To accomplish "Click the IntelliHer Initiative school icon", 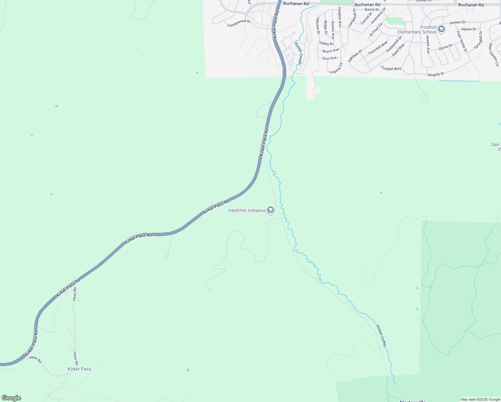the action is (x=271, y=210).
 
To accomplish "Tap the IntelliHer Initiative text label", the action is (x=247, y=211).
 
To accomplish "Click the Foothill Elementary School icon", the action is (x=441, y=29).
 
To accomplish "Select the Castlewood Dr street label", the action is (x=239, y=23).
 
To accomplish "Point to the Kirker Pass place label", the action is (x=79, y=369).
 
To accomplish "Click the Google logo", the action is (x=11, y=398).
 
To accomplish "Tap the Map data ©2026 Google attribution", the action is (x=480, y=399).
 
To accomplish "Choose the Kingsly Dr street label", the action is (x=436, y=74).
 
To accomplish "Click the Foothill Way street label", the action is (x=391, y=69).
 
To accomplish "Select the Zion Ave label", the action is (x=329, y=58).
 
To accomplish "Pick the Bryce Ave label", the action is (x=331, y=51).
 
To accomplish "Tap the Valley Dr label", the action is (x=327, y=44).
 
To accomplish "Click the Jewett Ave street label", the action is (x=428, y=44).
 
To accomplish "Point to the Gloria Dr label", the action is (x=445, y=48).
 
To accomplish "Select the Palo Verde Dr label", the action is (x=462, y=42).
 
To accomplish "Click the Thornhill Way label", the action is (x=378, y=48).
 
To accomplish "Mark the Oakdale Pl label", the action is (x=355, y=56).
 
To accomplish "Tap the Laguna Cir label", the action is (x=336, y=68).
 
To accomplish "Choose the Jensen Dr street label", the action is (x=457, y=22).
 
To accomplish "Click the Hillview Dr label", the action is (x=318, y=26).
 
